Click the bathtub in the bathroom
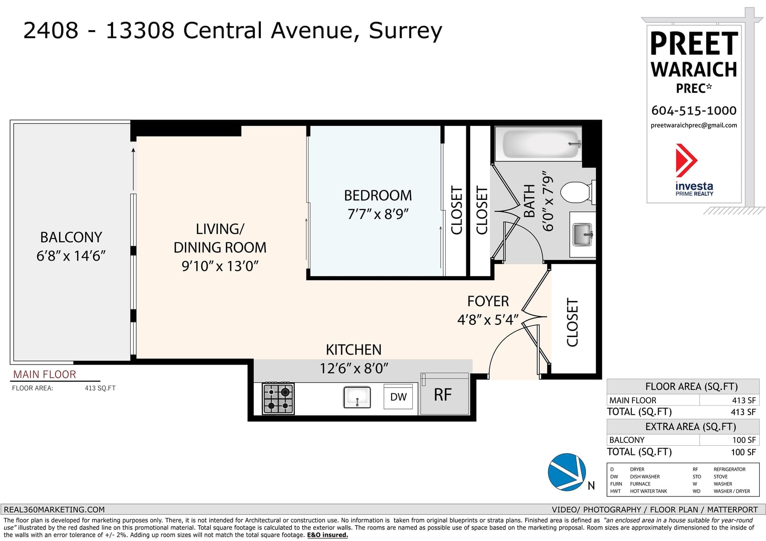click(538, 144)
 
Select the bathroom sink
click(582, 234)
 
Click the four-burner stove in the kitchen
click(278, 398)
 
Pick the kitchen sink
click(357, 397)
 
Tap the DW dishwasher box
click(398, 397)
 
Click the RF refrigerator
click(444, 394)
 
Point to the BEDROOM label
click(378, 196)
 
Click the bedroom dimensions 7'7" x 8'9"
click(378, 214)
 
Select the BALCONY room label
click(71, 237)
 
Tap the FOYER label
click(488, 301)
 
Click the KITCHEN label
click(354, 350)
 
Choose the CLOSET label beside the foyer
click(573, 322)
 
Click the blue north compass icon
click(567, 472)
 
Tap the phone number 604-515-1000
click(694, 110)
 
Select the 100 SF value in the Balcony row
click(744, 440)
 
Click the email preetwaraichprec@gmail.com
click(694, 125)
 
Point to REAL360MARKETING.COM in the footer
click(54, 509)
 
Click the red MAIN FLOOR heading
click(45, 375)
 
